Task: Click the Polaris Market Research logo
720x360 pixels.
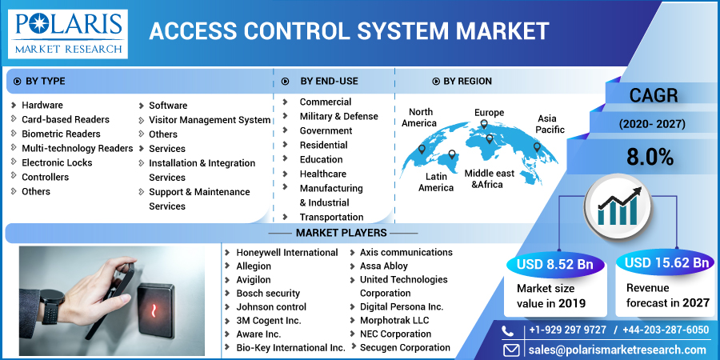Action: point(69,34)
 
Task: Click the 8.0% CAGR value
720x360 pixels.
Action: point(650,157)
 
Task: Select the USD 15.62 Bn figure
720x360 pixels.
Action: point(667,262)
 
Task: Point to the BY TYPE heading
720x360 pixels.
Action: point(46,81)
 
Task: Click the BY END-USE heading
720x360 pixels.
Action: point(329,81)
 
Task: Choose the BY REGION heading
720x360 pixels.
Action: point(467,81)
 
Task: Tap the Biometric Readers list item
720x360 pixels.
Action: point(61,134)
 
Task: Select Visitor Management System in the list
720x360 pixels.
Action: point(210,120)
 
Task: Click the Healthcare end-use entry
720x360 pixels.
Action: point(322,174)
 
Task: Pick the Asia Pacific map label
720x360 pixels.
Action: point(550,124)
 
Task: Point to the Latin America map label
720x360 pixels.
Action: point(436,182)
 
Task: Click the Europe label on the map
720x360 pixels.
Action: point(489,113)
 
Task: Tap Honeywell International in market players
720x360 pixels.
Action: point(286,252)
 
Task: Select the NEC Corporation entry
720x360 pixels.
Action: point(395,334)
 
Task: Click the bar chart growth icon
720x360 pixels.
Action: point(617,205)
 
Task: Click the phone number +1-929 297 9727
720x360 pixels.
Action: point(566,330)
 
